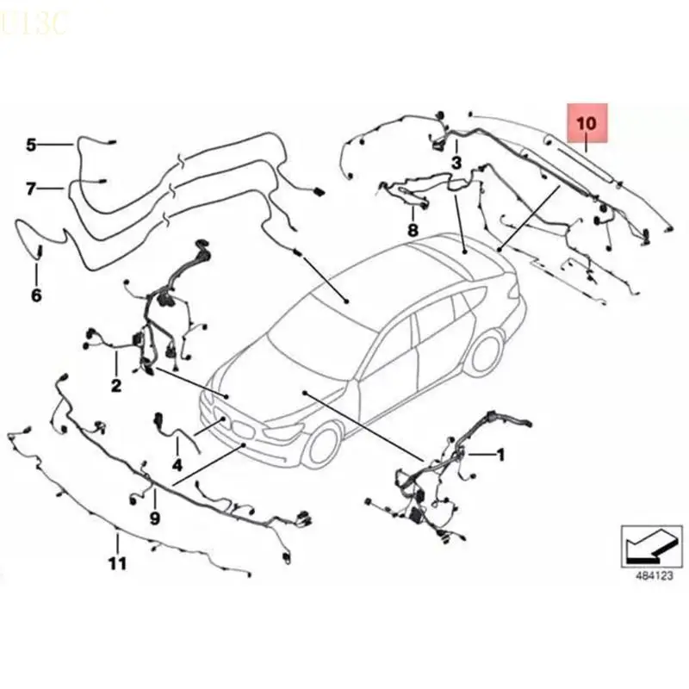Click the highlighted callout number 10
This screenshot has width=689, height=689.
coord(586,122)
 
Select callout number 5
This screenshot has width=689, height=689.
coord(32,145)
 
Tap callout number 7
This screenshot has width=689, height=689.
coord(32,188)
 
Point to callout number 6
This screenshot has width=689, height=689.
coord(36,295)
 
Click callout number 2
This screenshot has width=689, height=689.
coord(115,385)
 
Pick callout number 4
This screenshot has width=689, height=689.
coord(177,465)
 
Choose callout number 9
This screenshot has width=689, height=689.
coord(155,518)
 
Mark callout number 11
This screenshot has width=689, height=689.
coord(118,563)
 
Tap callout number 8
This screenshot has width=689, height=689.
coord(413,230)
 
